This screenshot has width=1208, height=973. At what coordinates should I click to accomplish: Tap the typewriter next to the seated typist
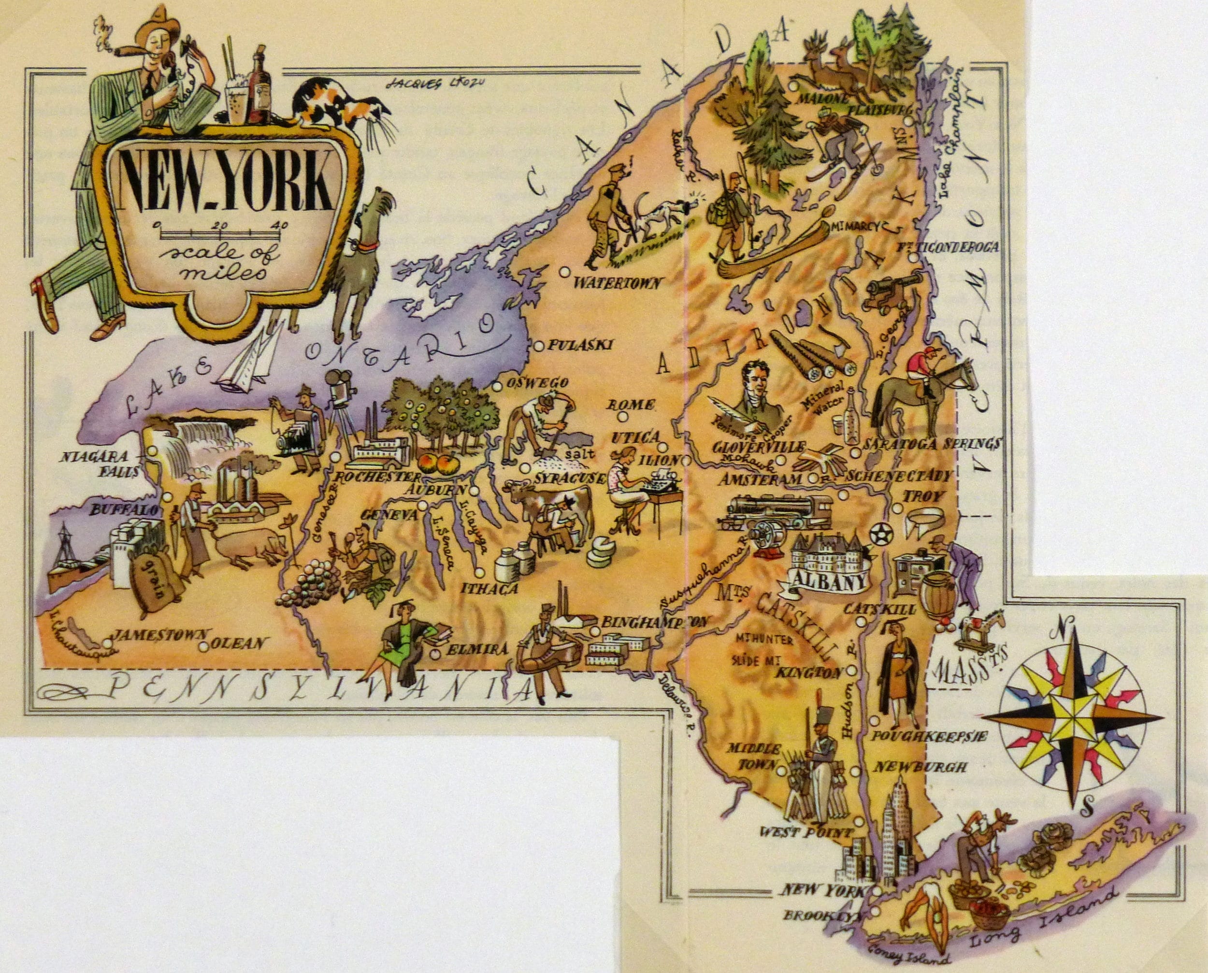coord(660,481)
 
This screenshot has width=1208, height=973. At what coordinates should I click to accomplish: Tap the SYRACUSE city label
coord(568,478)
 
